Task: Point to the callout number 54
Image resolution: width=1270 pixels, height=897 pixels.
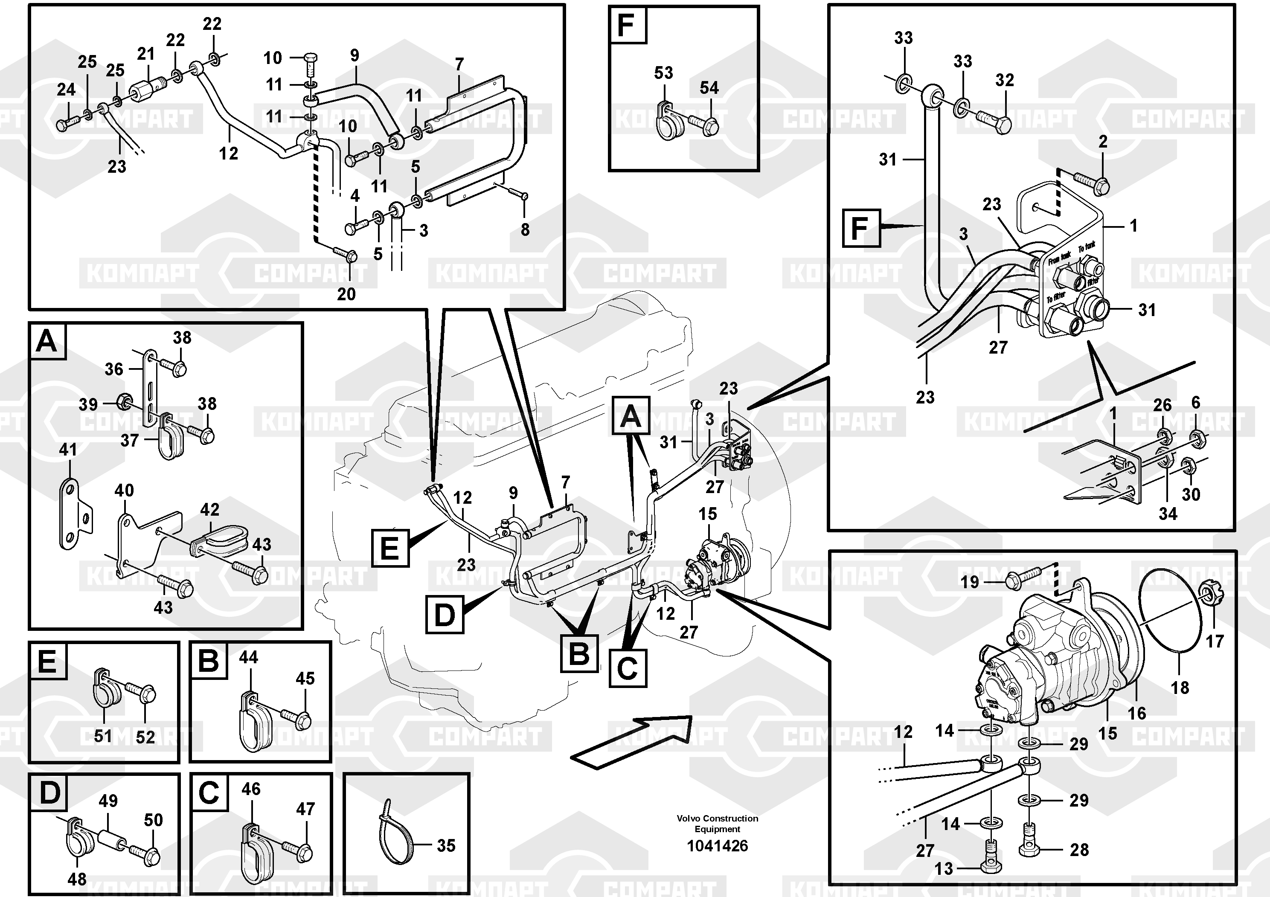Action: tap(709, 87)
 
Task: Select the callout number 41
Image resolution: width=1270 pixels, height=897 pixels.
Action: tap(68, 450)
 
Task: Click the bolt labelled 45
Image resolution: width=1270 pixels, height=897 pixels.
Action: tap(298, 720)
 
